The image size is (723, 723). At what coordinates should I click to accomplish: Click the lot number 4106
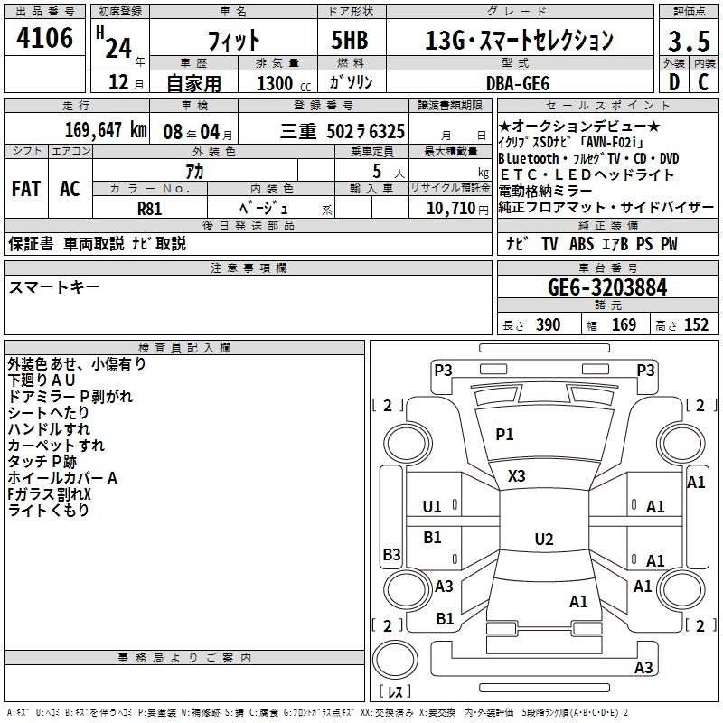[45, 39]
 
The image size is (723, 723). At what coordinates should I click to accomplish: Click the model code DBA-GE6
[530, 84]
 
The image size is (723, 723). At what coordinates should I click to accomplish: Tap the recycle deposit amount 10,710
[449, 207]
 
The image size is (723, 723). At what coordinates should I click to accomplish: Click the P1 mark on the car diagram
[504, 435]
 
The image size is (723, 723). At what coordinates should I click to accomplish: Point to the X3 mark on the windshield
[517, 475]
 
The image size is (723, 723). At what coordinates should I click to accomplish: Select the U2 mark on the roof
[543, 540]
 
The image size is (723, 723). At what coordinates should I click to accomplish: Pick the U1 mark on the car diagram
[433, 506]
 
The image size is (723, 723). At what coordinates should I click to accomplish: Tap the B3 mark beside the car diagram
[391, 554]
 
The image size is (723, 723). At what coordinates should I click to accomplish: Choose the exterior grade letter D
[673, 83]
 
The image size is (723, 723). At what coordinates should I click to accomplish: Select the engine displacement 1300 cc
[277, 84]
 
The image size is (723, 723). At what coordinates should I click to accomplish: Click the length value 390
[548, 325]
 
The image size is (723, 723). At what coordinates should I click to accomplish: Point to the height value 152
[696, 325]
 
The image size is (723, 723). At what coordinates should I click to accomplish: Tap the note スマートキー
[54, 286]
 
